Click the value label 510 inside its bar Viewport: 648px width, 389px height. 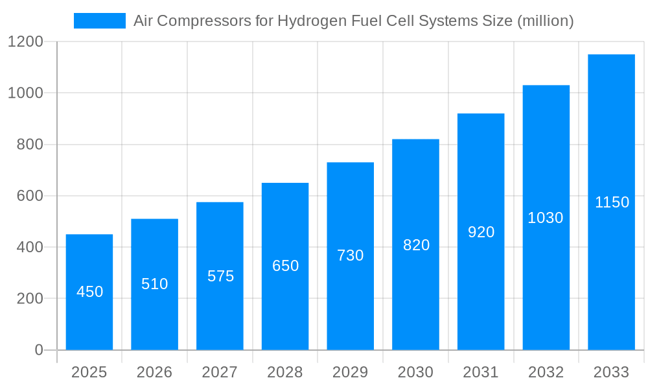[x=155, y=284]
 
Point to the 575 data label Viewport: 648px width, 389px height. [x=220, y=276]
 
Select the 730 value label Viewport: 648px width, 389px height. [x=351, y=255]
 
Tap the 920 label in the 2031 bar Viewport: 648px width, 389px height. [x=481, y=232]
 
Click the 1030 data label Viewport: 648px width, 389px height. [x=546, y=218]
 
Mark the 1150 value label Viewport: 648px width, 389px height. [x=612, y=202]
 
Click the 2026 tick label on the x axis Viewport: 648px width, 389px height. [x=155, y=372]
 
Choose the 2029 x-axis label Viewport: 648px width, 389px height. [x=351, y=372]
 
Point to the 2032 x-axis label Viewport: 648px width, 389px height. [x=546, y=372]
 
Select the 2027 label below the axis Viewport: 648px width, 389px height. [x=220, y=372]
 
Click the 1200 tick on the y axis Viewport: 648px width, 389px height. [x=25, y=42]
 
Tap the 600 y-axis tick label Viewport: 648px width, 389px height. [x=30, y=196]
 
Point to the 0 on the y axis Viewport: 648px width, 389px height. [x=39, y=350]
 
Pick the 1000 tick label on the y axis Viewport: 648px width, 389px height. [x=25, y=93]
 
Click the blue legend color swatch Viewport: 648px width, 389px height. [x=100, y=21]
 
